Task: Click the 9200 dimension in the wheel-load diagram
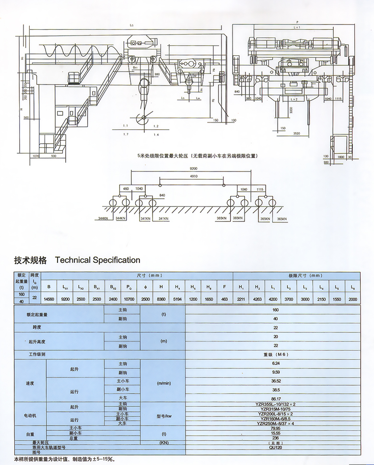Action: pyautogui.click(x=193, y=169)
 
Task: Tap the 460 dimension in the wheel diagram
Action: pyautogui.click(x=126, y=189)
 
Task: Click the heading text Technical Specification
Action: pyautogui.click(x=98, y=260)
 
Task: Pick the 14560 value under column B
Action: pyautogui.click(x=49, y=299)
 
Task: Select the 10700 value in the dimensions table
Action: pyautogui.click(x=129, y=299)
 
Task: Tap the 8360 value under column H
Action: pyautogui.click(x=162, y=299)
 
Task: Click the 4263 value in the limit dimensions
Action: pyautogui.click(x=257, y=299)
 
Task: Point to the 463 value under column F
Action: pyautogui.click(x=224, y=299)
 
